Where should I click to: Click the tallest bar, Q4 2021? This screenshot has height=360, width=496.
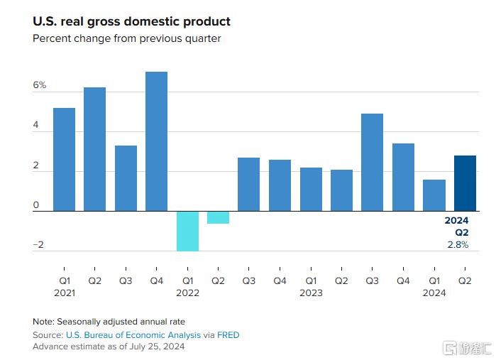coord(156,141)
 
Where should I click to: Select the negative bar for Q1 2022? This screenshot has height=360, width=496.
coord(187,231)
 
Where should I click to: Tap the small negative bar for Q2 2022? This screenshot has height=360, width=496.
coord(218,217)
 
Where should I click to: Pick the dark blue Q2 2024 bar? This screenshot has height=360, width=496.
coord(465,183)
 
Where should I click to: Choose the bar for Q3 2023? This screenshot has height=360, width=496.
coord(372,162)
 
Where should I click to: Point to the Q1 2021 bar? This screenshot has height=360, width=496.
coord(64,159)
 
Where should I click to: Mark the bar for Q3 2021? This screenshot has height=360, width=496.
coord(126,178)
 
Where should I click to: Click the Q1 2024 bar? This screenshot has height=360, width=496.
coord(434,195)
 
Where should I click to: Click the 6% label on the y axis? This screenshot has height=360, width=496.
coord(39,85)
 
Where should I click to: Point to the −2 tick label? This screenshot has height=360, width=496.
coord(38,245)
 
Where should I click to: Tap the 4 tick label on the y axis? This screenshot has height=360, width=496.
coord(36,125)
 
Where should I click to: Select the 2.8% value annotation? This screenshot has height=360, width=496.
coord(458,244)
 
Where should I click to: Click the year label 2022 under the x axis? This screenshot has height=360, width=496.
coord(187,293)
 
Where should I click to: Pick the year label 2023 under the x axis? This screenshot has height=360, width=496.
coord(311,293)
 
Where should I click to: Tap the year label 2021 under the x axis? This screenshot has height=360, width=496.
coord(64,293)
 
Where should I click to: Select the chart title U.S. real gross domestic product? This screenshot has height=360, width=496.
coord(131,22)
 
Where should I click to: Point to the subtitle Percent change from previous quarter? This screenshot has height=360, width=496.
coord(127,38)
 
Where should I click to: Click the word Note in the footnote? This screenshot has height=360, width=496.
coord(43,322)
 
